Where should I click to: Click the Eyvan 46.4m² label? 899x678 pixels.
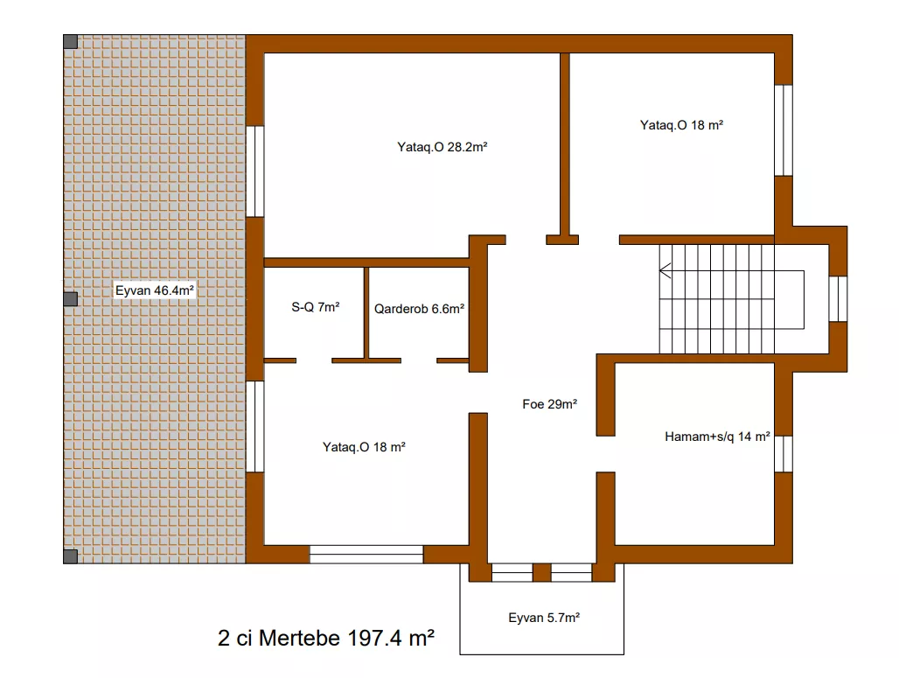[x=154, y=290]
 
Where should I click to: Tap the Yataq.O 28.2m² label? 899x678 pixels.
[x=442, y=147]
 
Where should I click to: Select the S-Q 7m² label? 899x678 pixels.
[x=316, y=307]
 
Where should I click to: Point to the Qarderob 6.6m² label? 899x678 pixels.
[x=419, y=309]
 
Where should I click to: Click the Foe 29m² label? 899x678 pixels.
[x=549, y=404]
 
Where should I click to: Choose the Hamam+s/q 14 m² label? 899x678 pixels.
[x=717, y=437]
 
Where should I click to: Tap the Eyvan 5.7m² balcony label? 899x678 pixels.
[x=544, y=618]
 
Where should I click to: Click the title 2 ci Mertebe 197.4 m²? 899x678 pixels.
[x=325, y=638]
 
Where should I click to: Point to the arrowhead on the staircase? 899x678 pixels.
[x=666, y=270]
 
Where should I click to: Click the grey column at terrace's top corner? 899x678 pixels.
[x=71, y=42]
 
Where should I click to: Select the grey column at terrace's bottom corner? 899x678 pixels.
[x=71, y=556]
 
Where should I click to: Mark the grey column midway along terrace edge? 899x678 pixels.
[x=71, y=299]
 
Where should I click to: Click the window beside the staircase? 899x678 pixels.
[x=839, y=299]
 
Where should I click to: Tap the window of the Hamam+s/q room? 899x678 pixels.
[x=784, y=454]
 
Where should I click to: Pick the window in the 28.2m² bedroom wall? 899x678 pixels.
[x=255, y=171]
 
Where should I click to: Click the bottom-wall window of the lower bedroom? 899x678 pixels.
[x=366, y=554]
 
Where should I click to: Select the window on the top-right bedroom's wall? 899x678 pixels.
[x=784, y=130]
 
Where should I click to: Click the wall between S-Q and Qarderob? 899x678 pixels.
[x=366, y=313]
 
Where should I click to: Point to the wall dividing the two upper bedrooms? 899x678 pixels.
[x=565, y=144]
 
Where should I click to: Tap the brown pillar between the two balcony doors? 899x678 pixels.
[x=542, y=572]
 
